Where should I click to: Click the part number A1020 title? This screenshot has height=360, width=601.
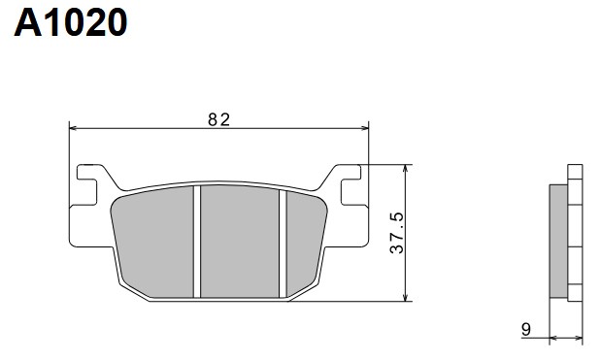[x=70, y=21]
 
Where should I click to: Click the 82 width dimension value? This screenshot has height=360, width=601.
[x=218, y=119]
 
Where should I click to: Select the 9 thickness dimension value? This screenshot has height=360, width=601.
[x=525, y=329]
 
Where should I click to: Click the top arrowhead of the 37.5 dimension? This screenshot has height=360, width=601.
[x=407, y=169]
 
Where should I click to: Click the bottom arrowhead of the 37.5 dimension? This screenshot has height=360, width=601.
[x=407, y=297]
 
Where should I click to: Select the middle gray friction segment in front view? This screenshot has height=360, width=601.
[x=240, y=241]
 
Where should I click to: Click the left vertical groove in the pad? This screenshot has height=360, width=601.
[x=196, y=241]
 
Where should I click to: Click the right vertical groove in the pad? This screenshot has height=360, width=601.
[x=283, y=241]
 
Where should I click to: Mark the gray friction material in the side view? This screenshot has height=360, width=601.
[x=558, y=240]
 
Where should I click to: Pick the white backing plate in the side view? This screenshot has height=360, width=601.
[x=574, y=240]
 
